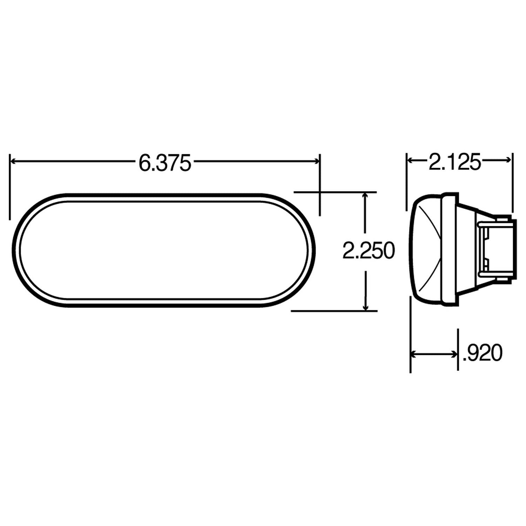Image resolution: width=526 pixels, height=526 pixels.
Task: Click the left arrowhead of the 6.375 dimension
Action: pyautogui.click(x=14, y=161)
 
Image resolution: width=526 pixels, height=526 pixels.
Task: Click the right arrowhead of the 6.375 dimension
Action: pyautogui.click(x=317, y=161)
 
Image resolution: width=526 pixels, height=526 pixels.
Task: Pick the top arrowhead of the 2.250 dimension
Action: pyautogui.click(x=366, y=195)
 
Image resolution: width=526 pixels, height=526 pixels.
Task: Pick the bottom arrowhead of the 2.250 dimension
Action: pyautogui.click(x=366, y=308)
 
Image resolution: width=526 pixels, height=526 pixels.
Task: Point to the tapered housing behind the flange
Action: pyautogui.click(x=466, y=249)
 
